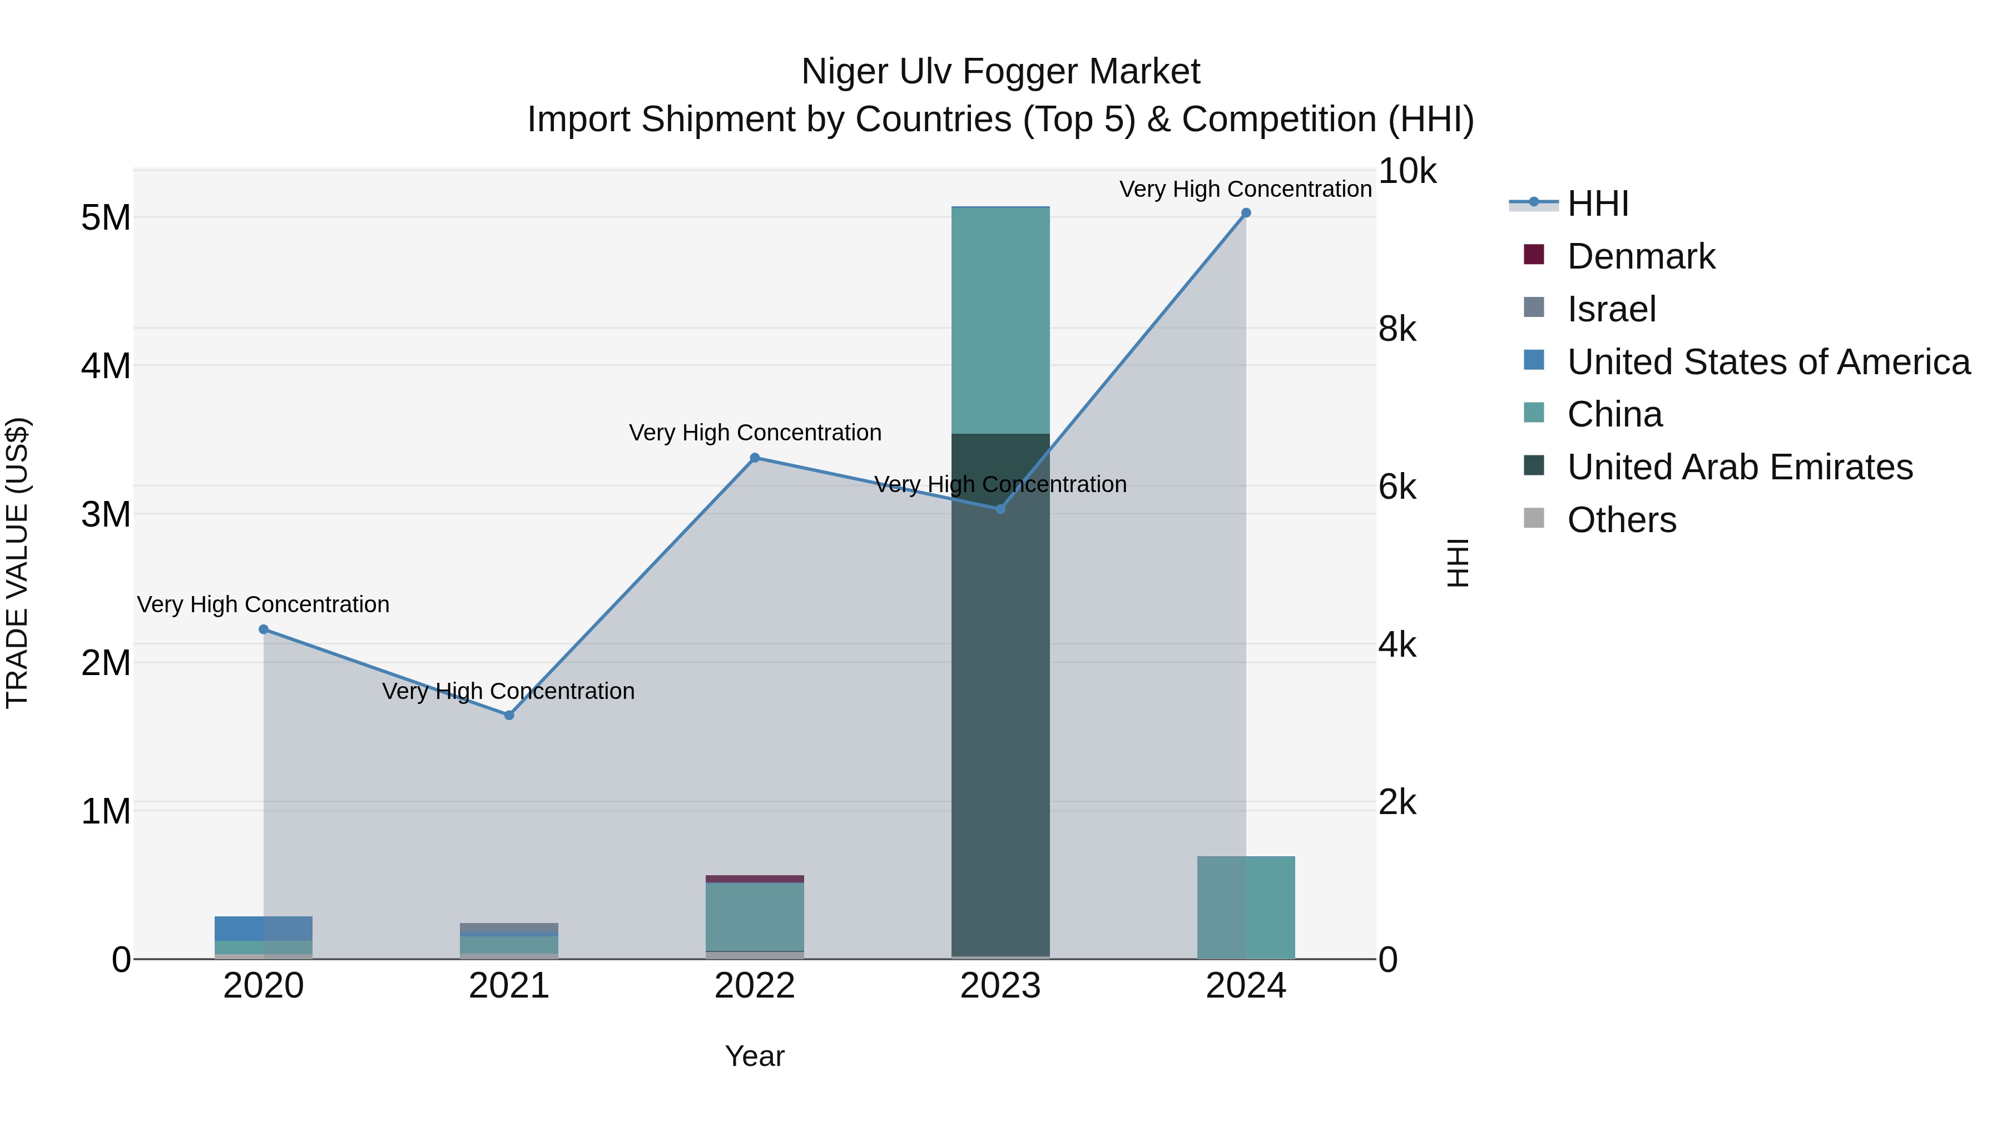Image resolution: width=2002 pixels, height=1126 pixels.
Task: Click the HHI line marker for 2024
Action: [x=1246, y=213]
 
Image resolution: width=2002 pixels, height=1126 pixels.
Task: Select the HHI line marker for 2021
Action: [x=509, y=715]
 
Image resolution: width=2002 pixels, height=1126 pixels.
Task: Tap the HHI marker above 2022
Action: [x=755, y=458]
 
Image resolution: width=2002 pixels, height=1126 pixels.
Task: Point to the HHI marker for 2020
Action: [x=264, y=629]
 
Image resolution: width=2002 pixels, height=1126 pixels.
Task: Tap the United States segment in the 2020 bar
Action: [x=264, y=928]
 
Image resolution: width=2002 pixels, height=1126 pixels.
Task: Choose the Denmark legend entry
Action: [x=1641, y=256]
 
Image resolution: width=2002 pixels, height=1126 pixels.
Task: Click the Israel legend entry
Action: [x=1611, y=309]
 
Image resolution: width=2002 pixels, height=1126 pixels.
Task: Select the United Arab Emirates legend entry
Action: [x=1740, y=467]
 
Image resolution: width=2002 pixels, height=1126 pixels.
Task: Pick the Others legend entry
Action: [x=1621, y=520]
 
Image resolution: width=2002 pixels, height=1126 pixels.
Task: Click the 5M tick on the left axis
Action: [x=106, y=217]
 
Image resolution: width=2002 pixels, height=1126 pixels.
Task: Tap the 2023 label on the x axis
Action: [x=1000, y=986]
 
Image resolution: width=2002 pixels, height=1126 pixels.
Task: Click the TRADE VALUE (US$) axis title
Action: [x=17, y=563]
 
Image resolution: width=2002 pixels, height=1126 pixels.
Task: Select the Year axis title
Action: [x=755, y=1056]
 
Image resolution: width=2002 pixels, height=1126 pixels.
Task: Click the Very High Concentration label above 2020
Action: [x=264, y=604]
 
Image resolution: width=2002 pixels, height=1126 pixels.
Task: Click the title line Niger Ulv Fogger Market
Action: [x=1000, y=72]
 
